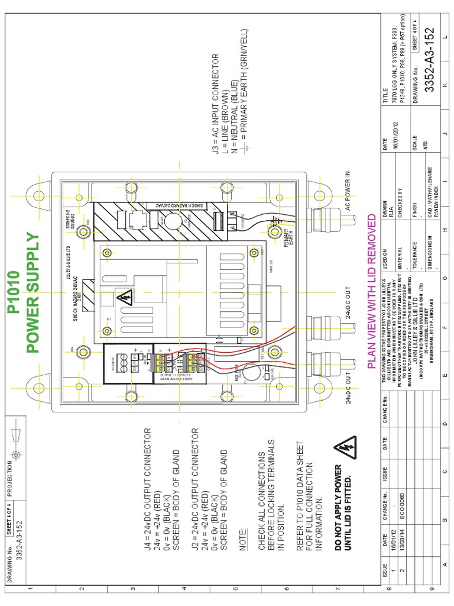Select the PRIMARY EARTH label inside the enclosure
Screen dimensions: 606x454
pyautogui.click(x=286, y=237)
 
